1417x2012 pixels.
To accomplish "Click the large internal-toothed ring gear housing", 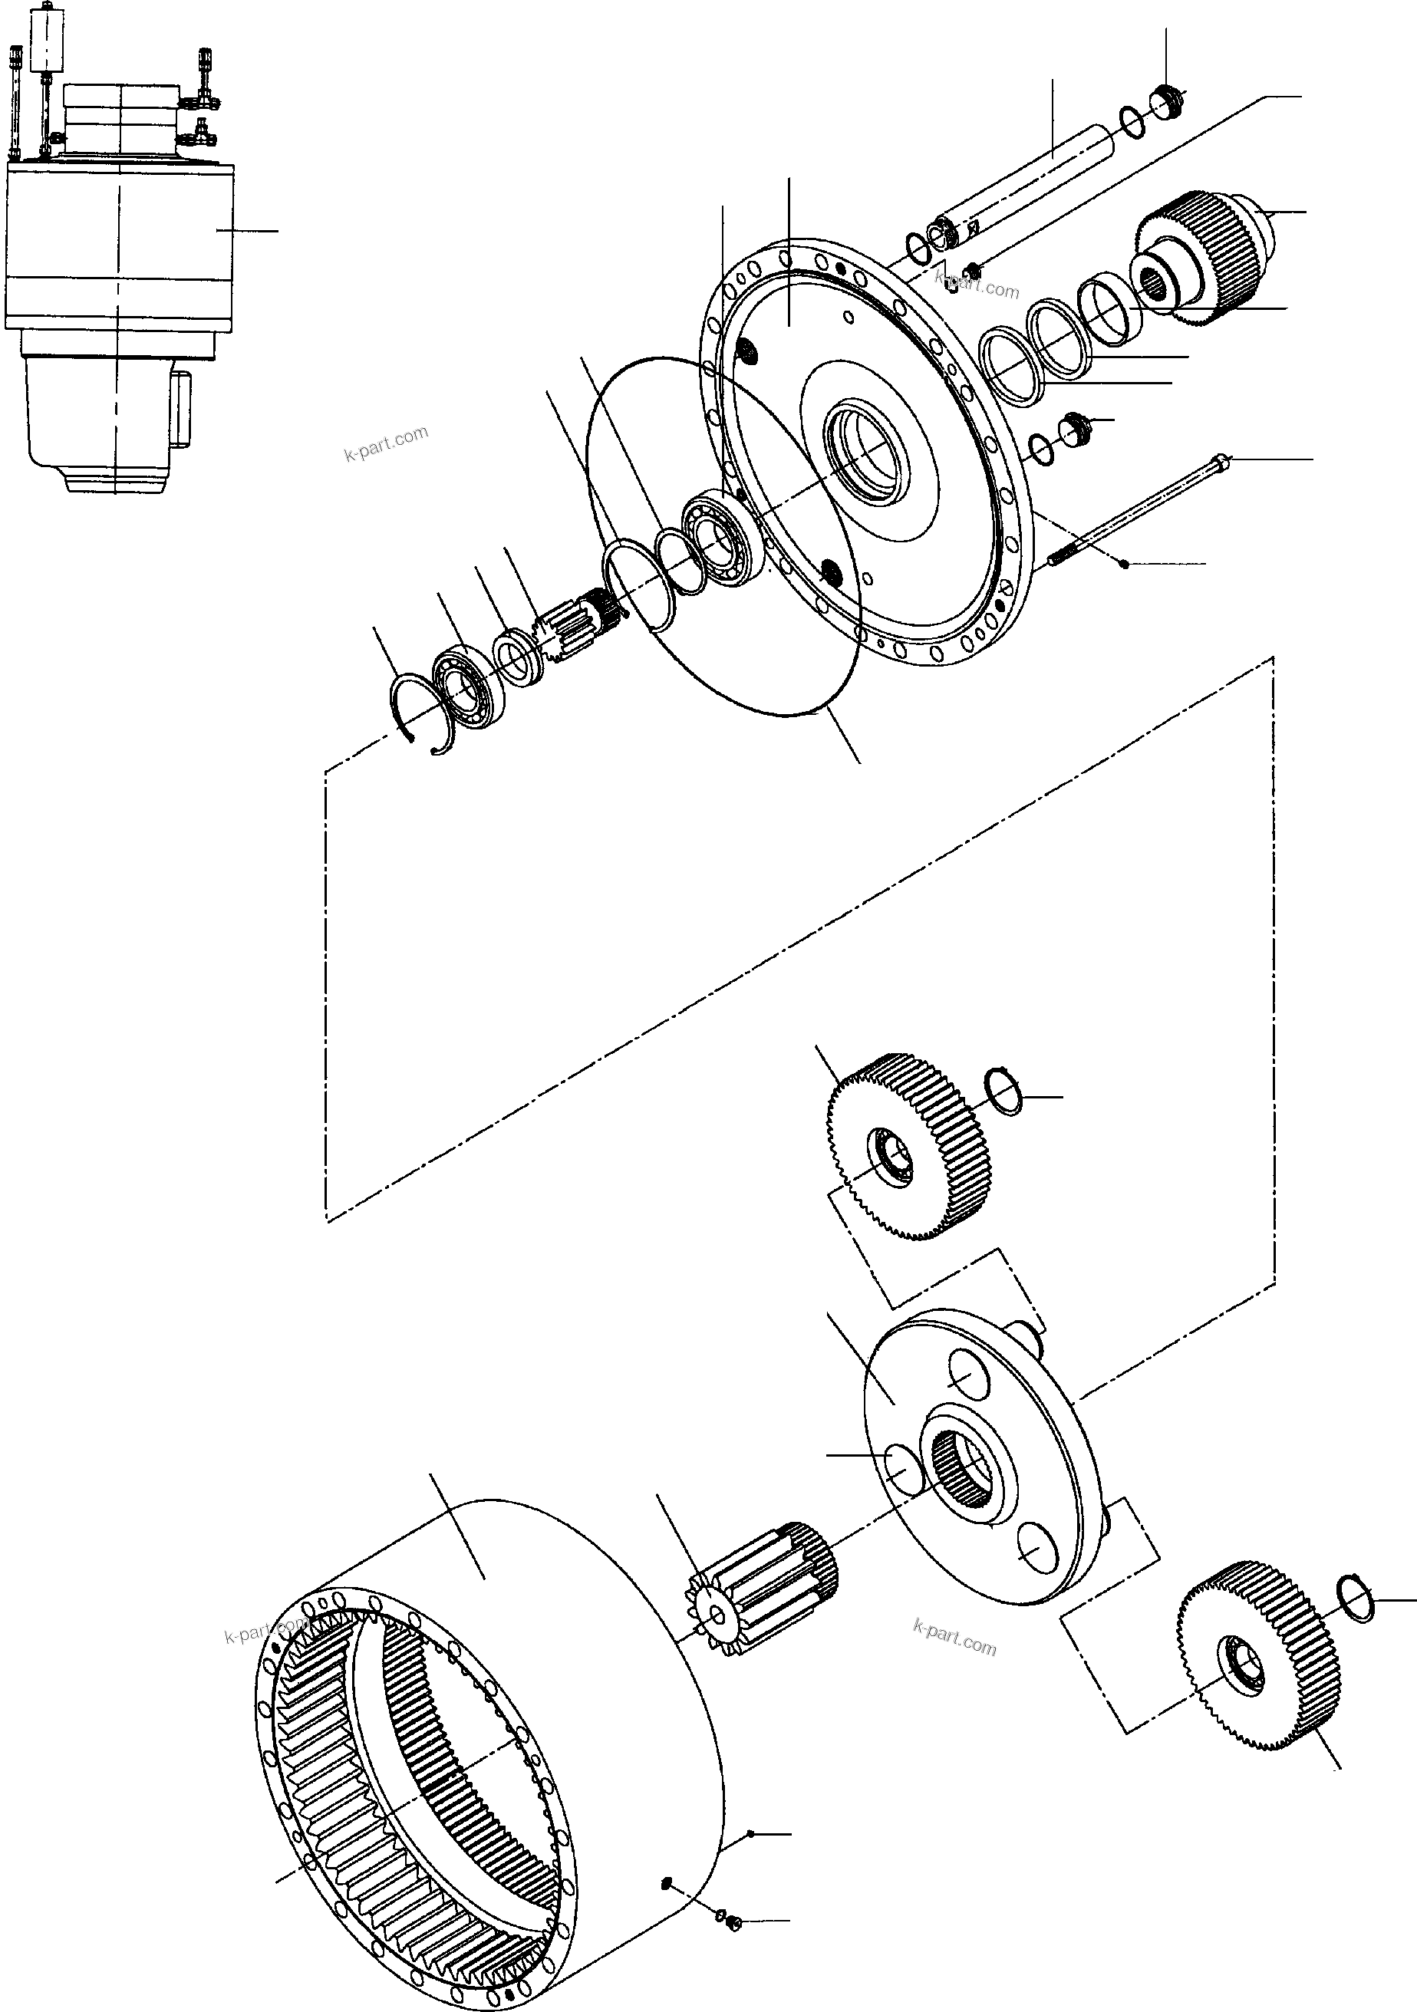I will coord(491,1744).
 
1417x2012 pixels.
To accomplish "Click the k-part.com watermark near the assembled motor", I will coord(386,444).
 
